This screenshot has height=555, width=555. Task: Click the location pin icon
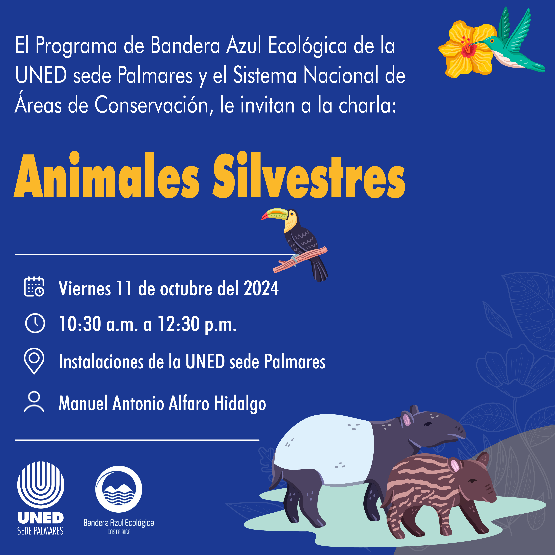34,361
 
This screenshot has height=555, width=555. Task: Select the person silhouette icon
34,402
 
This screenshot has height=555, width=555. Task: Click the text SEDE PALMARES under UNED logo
40,531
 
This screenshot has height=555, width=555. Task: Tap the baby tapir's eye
472,481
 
